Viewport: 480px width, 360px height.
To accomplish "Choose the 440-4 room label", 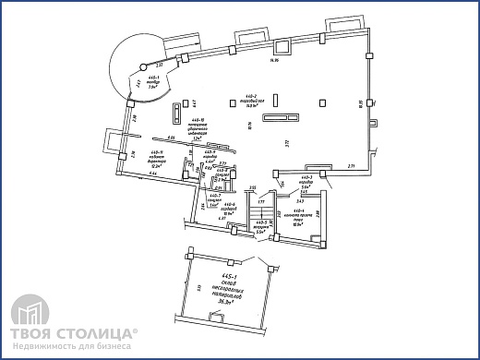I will pyautogui.click(x=297, y=218).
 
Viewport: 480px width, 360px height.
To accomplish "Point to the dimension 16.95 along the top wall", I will pyautogui.click(x=273, y=61).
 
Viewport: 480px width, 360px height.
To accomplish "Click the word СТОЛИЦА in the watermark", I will pyautogui.click(x=102, y=332).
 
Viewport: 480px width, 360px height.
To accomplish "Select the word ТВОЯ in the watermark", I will pyautogui.click(x=34, y=332).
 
